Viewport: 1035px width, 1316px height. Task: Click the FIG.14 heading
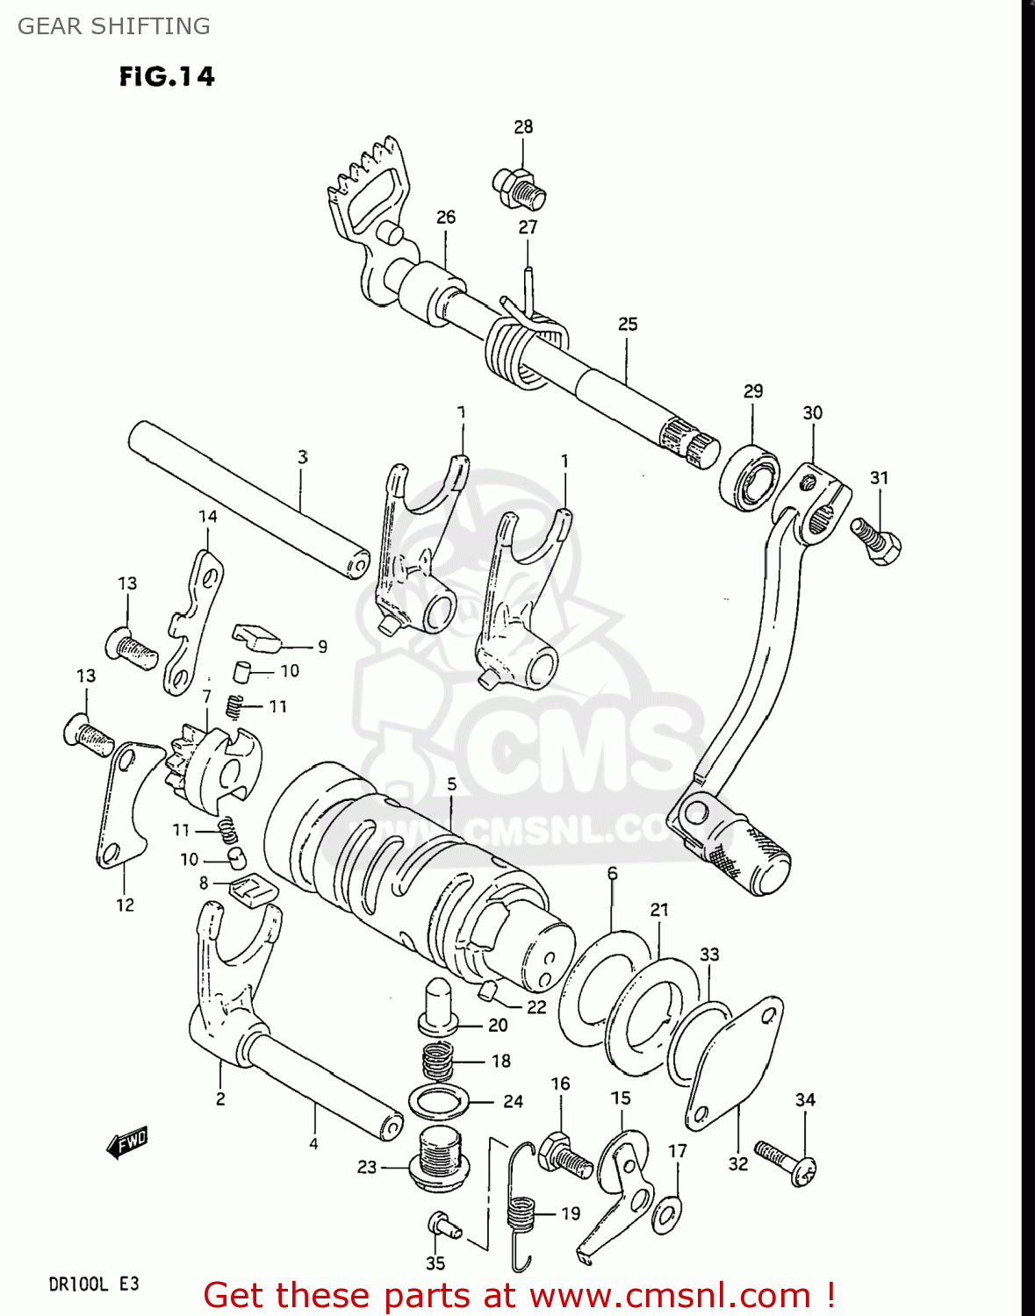tap(167, 77)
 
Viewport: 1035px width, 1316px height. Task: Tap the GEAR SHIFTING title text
tap(114, 26)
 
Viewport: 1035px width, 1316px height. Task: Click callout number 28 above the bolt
tap(523, 126)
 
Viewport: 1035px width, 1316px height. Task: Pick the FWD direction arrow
tap(126, 1142)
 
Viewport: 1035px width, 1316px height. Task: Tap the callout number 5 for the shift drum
tap(451, 783)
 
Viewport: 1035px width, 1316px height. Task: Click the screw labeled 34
tap(786, 1161)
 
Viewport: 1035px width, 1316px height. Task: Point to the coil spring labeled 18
tap(439, 1062)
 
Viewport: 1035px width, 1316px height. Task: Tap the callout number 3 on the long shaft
tap(302, 456)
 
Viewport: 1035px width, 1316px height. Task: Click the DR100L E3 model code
tap(93, 1284)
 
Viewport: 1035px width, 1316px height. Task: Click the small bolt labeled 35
tap(443, 1225)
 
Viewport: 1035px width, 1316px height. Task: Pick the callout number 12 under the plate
tap(125, 905)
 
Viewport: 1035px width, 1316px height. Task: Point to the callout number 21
tap(659, 910)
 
